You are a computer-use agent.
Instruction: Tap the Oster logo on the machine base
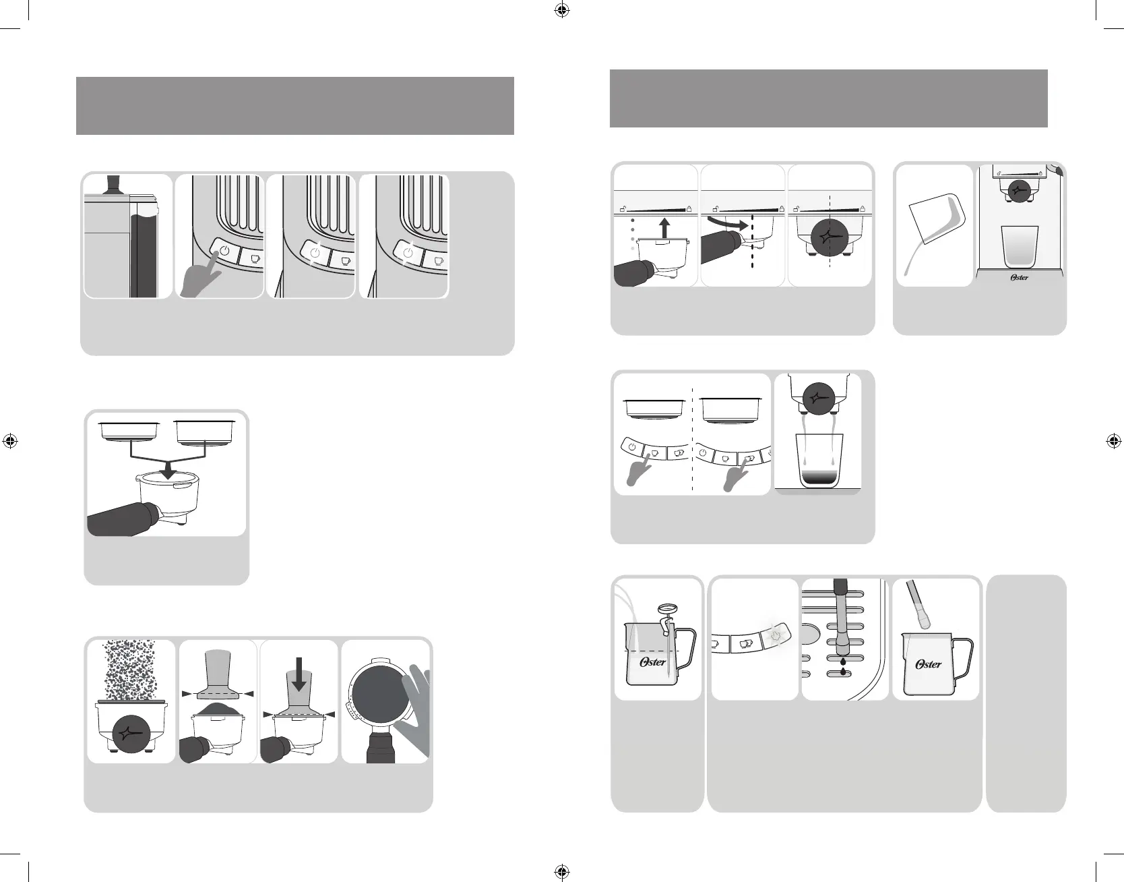pyautogui.click(x=1019, y=276)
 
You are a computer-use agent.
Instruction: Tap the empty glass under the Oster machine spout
pyautogui.click(x=1020, y=246)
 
